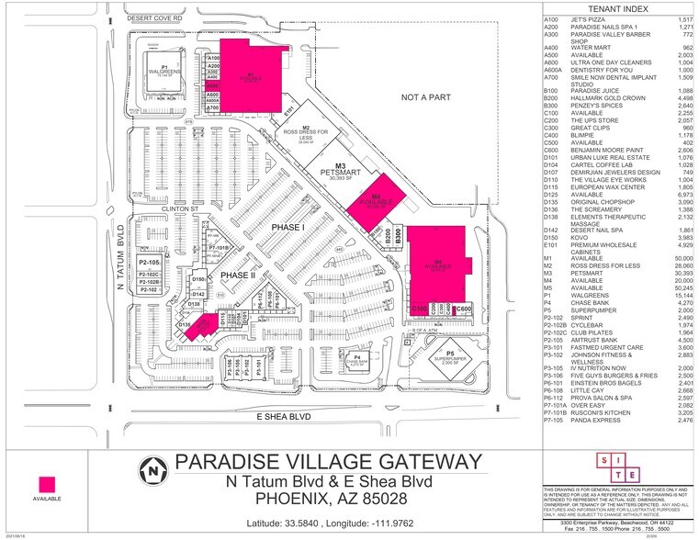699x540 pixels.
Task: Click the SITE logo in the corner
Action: tap(618, 467)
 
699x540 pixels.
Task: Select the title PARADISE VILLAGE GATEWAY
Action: tap(327, 460)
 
